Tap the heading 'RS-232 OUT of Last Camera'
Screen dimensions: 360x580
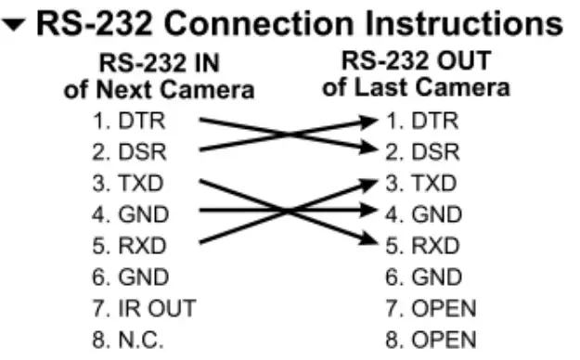click(x=416, y=75)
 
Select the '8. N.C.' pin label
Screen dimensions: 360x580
click(x=138, y=340)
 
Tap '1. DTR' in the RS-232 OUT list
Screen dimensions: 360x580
click(x=421, y=120)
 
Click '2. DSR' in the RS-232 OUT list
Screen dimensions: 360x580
click(x=421, y=151)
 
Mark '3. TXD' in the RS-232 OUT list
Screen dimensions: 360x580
click(x=421, y=183)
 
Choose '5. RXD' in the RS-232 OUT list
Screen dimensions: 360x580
click(x=422, y=246)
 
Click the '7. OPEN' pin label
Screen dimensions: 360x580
click(x=431, y=308)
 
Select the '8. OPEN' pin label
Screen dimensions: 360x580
click(x=431, y=340)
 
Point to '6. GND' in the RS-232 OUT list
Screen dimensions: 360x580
click(x=422, y=277)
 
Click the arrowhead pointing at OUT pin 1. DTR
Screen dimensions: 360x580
click(x=371, y=121)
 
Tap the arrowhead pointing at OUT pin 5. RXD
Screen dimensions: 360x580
click(x=371, y=244)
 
